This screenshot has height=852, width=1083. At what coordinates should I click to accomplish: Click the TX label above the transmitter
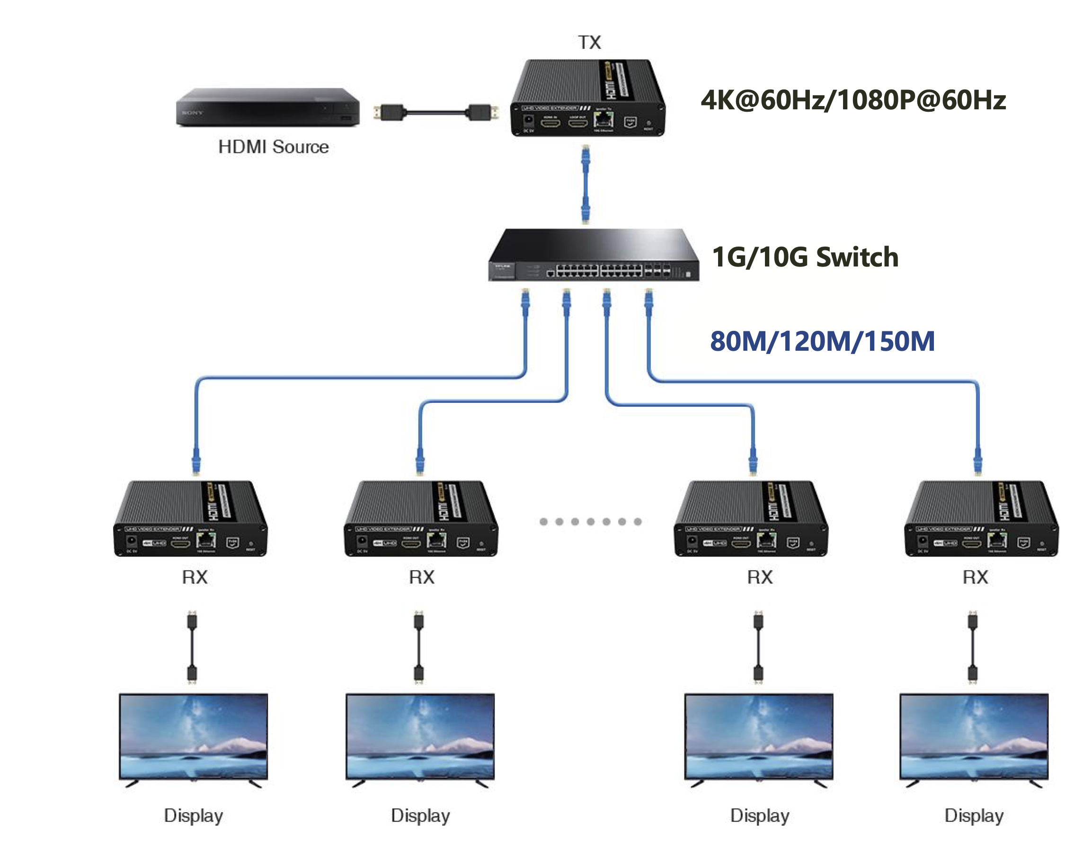tap(589, 43)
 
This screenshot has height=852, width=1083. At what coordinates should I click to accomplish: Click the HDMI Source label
tap(274, 147)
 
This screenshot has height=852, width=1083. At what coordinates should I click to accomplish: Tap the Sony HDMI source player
tap(267, 107)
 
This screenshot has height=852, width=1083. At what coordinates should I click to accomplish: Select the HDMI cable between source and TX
tap(436, 112)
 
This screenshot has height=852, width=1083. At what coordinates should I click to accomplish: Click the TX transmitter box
tap(587, 98)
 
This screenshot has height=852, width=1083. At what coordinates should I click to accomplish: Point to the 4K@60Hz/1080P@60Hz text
tap(852, 100)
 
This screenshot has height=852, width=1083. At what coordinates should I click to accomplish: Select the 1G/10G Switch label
tap(805, 257)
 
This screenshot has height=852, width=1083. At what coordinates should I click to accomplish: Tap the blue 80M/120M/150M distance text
tap(822, 341)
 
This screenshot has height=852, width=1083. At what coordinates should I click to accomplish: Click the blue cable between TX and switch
tap(586, 185)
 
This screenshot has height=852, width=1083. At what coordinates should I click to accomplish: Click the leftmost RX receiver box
tap(191, 518)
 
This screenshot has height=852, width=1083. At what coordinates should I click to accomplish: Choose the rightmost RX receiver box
tap(981, 518)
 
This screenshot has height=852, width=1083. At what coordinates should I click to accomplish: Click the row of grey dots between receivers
tap(590, 522)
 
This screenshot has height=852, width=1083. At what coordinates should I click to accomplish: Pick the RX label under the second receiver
tap(422, 577)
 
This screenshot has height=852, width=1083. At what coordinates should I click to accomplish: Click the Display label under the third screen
tap(759, 816)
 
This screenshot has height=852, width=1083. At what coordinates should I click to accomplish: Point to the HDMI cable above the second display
tap(418, 647)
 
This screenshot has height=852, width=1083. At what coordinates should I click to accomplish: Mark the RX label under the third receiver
tap(759, 577)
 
